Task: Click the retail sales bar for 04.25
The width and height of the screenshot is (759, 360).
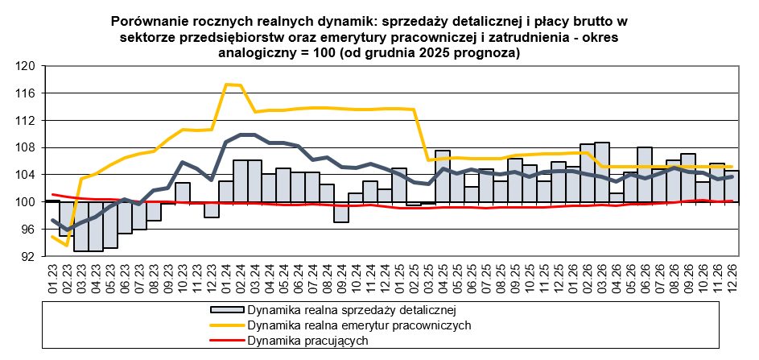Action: pyautogui.click(x=443, y=176)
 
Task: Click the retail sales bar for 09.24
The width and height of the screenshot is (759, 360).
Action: pyautogui.click(x=341, y=211)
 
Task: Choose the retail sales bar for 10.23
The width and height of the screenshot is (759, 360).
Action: pyautogui.click(x=183, y=192)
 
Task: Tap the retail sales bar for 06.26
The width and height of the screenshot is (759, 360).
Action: pyautogui.click(x=644, y=174)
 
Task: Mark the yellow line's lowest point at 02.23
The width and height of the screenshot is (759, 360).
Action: pyautogui.click(x=68, y=245)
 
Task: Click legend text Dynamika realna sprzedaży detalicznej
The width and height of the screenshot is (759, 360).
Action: pyautogui.click(x=352, y=309)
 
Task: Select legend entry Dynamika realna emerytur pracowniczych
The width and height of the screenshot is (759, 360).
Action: pyautogui.click(x=359, y=325)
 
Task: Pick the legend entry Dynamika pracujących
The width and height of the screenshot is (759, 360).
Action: pyautogui.click(x=308, y=341)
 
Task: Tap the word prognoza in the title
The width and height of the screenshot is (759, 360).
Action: pyautogui.click(x=488, y=53)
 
